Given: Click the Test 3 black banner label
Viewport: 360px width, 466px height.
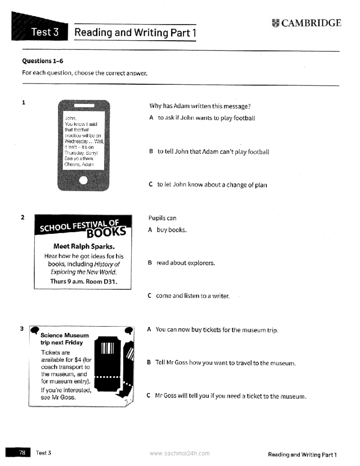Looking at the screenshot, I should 45,32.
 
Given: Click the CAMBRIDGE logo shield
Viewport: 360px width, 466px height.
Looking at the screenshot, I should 275,23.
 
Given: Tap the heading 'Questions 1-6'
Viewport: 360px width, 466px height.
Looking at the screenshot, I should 43,61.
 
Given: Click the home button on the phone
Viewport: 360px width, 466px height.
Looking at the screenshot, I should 83,180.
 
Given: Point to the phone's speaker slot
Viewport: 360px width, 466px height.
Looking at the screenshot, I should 84,106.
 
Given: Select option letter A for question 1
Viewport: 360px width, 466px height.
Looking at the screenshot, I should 151,118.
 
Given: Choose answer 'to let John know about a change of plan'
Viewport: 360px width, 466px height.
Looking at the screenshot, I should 212,185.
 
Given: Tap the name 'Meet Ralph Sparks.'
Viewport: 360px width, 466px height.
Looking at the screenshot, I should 84,246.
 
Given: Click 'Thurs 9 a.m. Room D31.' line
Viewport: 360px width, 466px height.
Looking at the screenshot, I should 83,281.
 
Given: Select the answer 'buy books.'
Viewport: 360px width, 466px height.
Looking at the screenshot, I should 171,230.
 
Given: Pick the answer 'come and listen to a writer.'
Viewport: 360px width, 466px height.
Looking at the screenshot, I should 193,296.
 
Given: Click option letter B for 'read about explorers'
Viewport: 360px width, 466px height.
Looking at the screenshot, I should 150,263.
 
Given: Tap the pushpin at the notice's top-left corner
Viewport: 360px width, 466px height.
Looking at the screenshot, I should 35,330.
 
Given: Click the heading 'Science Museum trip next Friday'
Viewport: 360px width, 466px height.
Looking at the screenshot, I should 64,339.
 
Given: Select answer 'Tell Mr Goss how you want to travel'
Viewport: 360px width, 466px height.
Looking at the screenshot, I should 225,363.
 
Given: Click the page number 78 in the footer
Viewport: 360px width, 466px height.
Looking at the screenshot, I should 22,452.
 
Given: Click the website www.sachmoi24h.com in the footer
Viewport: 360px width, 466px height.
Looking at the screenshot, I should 179,453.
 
